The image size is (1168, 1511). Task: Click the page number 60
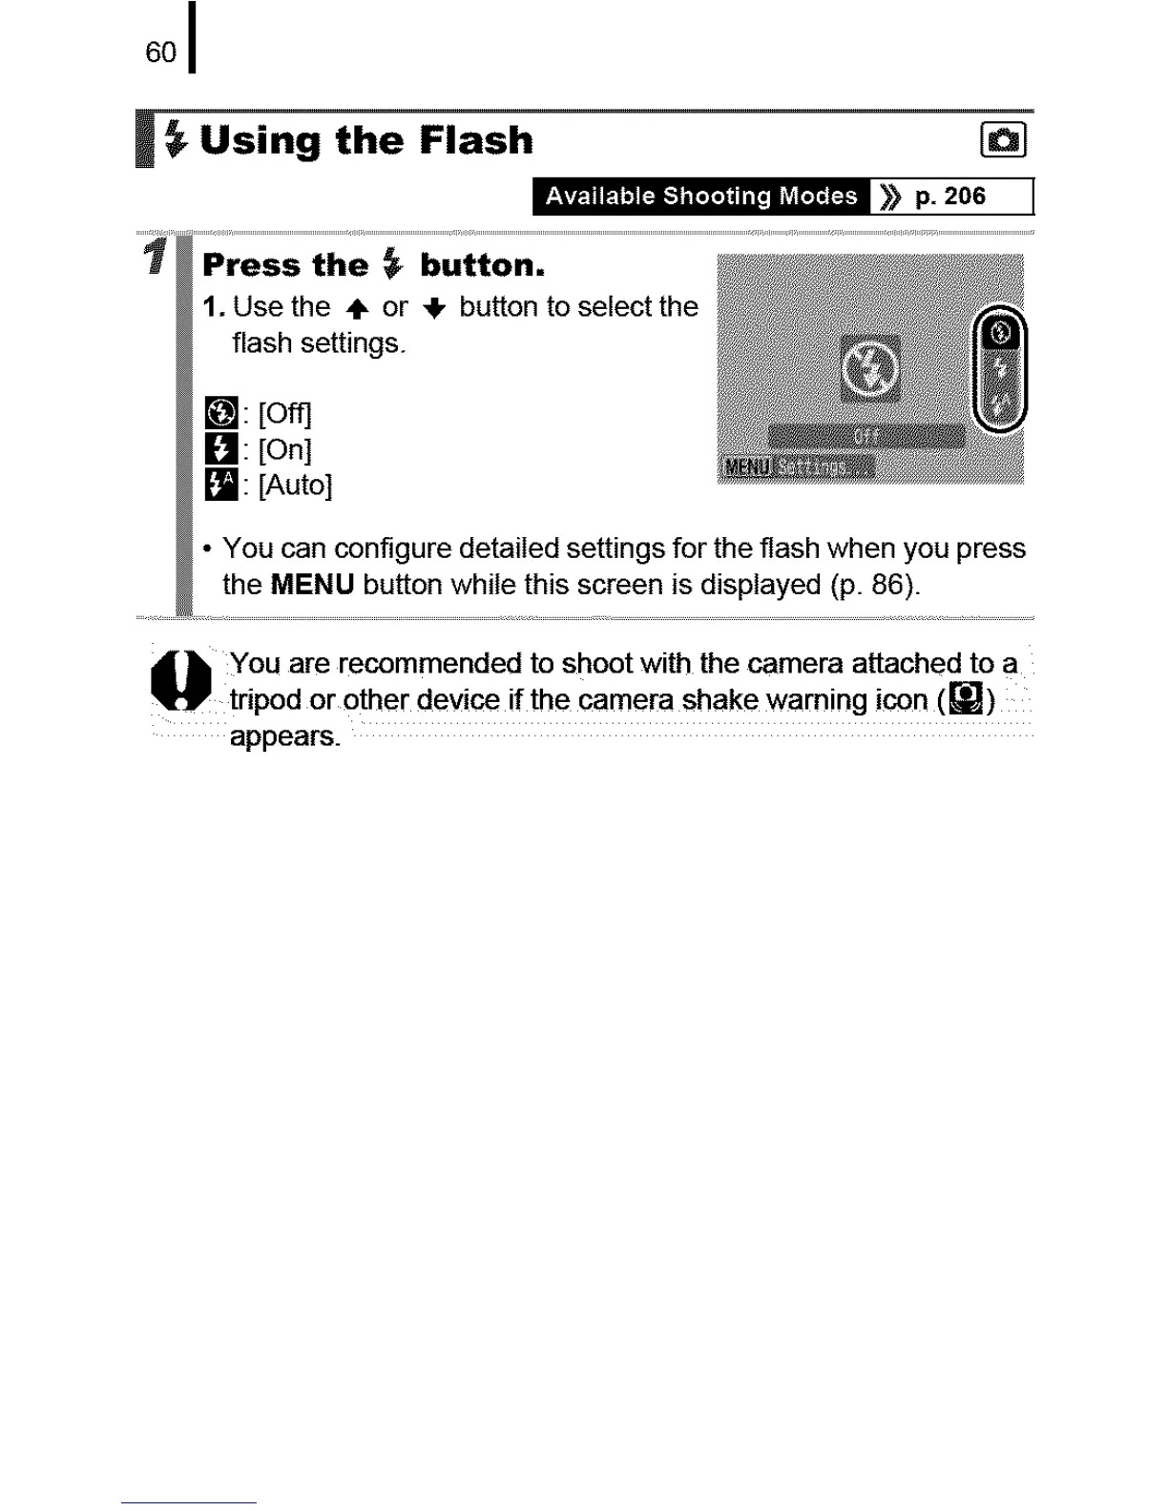pos(160,52)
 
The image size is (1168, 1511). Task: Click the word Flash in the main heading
pos(476,141)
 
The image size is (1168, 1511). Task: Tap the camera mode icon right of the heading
pos(1003,141)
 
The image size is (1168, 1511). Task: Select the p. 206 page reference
pos(949,197)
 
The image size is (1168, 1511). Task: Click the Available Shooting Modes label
pos(701,197)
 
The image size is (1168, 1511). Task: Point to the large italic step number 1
pos(156,257)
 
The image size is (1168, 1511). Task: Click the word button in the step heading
pos(482,265)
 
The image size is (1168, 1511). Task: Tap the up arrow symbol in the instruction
pos(357,308)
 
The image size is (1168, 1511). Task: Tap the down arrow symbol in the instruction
pos(434,308)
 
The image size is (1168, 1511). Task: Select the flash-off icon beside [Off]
pos(221,414)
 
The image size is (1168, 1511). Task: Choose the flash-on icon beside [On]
pos(221,449)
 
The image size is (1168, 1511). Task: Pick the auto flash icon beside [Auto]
pos(221,485)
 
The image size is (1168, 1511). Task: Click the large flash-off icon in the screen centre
pos(869,368)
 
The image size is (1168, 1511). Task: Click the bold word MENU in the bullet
pos(312,585)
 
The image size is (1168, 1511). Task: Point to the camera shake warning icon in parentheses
pos(967,700)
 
